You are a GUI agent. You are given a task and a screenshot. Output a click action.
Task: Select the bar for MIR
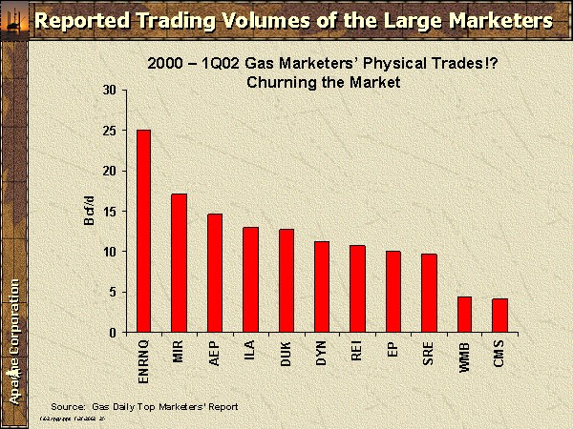click(179, 263)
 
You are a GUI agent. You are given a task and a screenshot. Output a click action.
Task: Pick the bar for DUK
click(286, 281)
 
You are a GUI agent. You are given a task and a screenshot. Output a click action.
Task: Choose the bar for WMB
click(465, 315)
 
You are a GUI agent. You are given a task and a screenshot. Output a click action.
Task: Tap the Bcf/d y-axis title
click(90, 211)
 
